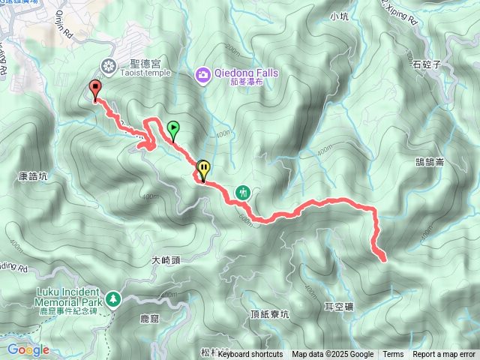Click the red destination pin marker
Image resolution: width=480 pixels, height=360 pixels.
pyautogui.click(x=95, y=89)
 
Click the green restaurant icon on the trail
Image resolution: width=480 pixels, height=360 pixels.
pyautogui.click(x=242, y=192)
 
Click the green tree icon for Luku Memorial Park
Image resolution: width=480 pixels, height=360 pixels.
pyautogui.click(x=112, y=299)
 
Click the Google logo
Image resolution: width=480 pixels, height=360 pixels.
pyautogui.click(x=28, y=349)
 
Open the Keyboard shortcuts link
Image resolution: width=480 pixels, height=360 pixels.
pyautogui.click(x=250, y=354)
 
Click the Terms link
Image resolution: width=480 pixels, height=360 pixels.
pyautogui.click(x=393, y=354)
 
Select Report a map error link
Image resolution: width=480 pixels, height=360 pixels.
pyautogui.click(x=445, y=354)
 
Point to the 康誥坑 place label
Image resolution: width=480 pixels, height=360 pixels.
pyautogui.click(x=32, y=177)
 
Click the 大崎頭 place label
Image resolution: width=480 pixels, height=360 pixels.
pyautogui.click(x=166, y=260)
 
